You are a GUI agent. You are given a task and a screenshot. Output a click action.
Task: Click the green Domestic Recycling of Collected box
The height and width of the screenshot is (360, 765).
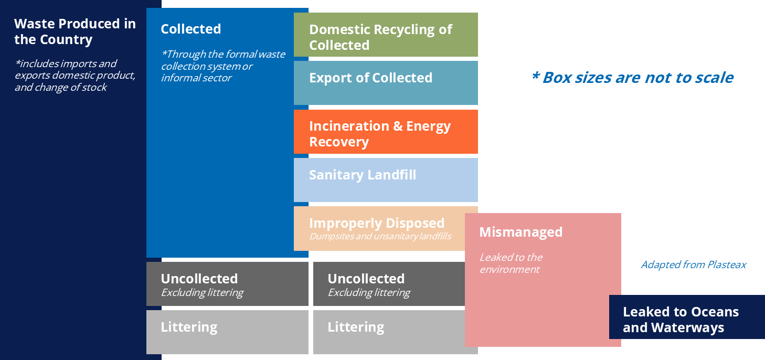click(386, 35)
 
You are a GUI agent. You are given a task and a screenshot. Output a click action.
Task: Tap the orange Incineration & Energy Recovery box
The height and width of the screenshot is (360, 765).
click(386, 132)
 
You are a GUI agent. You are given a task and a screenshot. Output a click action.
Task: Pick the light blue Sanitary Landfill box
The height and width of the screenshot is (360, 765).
click(386, 181)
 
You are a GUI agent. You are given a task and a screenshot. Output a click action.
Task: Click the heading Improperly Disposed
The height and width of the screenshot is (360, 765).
click(376, 223)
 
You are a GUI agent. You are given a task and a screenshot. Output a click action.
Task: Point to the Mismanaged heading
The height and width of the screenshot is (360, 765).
click(520, 232)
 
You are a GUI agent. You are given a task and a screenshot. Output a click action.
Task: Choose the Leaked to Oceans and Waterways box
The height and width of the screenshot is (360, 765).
click(686, 317)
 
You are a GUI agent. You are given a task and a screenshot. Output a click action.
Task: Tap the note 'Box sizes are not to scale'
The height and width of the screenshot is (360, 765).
click(632, 78)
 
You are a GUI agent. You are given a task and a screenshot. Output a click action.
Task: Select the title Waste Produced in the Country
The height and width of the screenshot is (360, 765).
click(75, 31)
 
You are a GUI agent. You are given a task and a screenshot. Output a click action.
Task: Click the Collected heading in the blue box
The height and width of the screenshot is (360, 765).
click(190, 29)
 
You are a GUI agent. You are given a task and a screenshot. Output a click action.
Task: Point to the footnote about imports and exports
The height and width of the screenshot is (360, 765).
click(75, 75)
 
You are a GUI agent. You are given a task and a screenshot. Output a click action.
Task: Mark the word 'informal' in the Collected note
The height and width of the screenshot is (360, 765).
click(182, 78)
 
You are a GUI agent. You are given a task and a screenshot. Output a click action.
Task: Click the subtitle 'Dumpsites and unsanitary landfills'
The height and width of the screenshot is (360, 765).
click(380, 236)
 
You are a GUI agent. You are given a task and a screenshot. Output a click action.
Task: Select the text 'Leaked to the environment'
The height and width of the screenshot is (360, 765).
click(511, 263)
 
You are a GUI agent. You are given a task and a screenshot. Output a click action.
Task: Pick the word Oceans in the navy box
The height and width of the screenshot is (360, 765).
click(709, 312)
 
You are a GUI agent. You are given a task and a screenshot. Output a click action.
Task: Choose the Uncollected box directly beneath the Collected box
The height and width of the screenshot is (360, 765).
click(227, 283)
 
